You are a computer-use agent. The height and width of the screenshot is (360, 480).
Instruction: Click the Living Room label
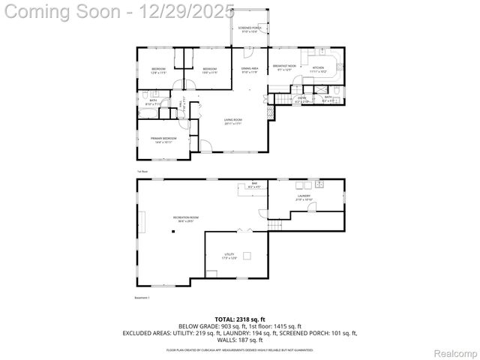point(232,121)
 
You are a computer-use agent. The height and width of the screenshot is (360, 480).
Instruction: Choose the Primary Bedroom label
point(163,139)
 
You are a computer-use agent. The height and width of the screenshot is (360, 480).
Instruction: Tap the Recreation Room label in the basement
point(184,219)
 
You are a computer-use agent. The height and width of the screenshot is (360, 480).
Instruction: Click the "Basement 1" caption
point(142,298)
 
